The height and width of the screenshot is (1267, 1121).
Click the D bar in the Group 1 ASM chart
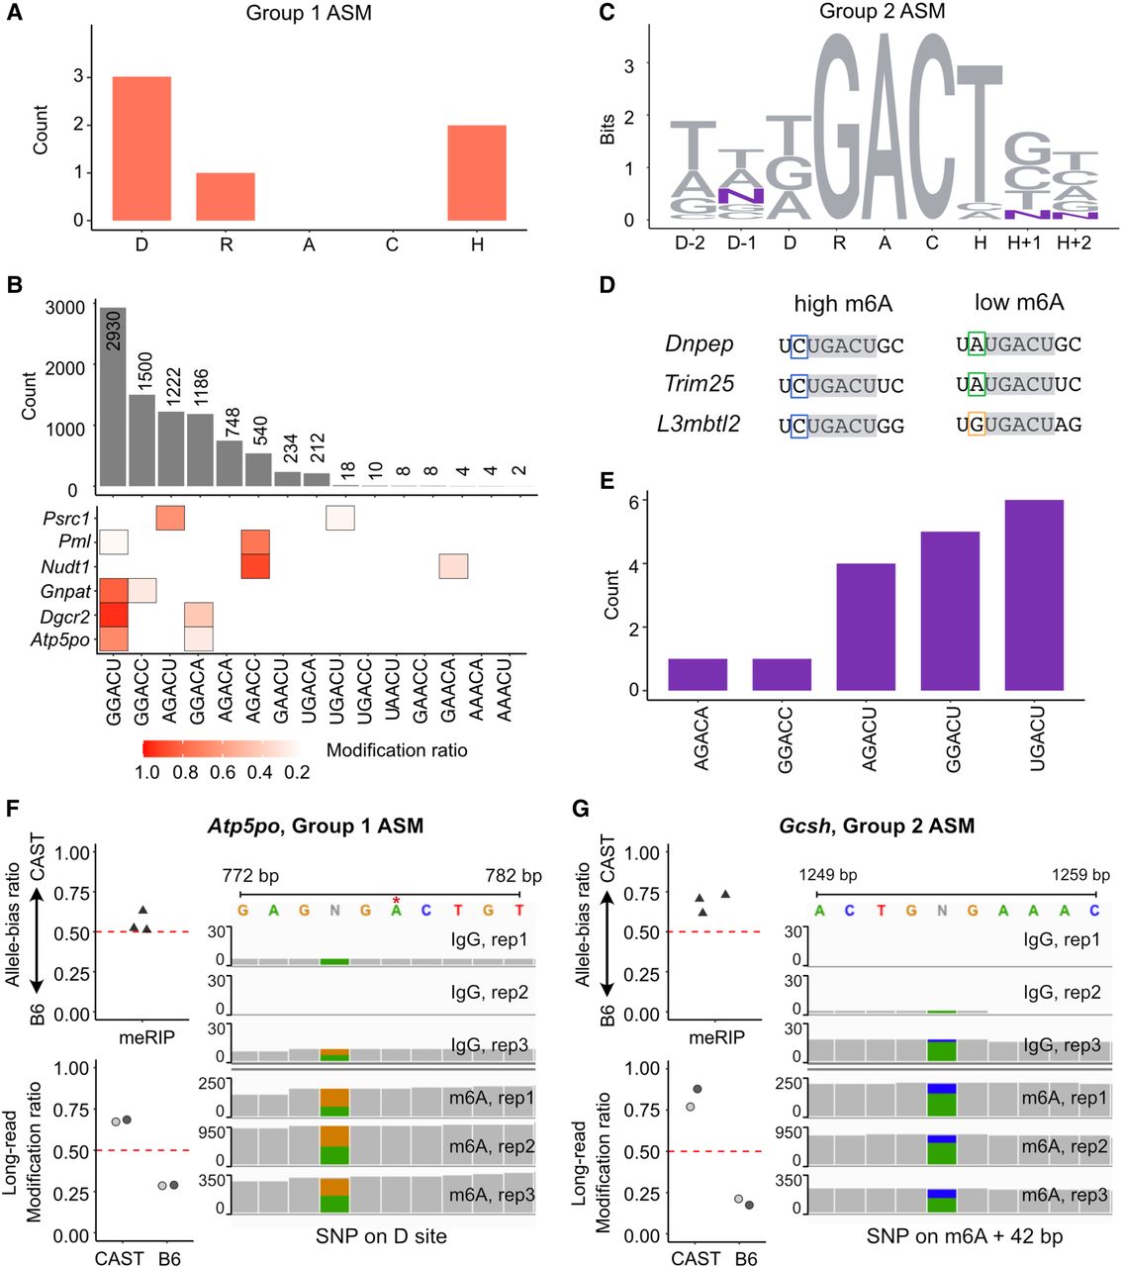coord(141,148)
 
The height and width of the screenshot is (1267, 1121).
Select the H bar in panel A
coord(477,172)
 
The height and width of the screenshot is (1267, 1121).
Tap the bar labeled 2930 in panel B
coord(113,396)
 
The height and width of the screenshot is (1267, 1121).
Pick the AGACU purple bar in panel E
coord(866,627)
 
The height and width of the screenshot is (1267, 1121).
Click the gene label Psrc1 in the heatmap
coord(66,518)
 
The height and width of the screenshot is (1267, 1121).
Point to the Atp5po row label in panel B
coord(63,639)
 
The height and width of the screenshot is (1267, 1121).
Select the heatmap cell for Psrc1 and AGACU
coord(170,518)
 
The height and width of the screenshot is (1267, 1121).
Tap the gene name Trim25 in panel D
coord(700,384)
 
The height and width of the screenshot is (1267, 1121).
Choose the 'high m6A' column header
coord(842,304)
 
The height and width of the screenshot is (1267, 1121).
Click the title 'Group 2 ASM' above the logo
coord(882,12)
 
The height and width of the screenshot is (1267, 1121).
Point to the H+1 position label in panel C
coord(1024,243)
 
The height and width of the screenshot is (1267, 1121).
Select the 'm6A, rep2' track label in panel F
coord(491,1146)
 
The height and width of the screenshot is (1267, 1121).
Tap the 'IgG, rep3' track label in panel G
coord(1061,1045)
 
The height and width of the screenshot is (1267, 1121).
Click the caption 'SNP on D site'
coord(381,1235)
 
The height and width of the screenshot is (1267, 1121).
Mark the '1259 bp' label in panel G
coord(1081,875)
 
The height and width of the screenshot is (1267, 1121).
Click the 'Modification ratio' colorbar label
coord(397,750)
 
